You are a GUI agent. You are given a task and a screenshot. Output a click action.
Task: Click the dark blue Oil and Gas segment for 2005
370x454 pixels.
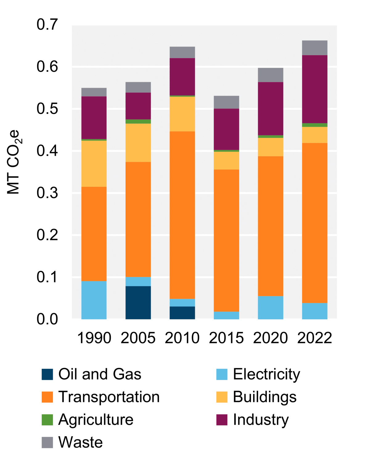(138, 302)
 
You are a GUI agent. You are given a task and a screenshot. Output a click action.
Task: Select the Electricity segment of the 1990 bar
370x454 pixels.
(94, 300)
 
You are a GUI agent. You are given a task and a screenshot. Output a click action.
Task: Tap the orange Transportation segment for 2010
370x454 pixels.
(182, 215)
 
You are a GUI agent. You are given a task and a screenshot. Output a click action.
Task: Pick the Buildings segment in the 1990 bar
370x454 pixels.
(94, 163)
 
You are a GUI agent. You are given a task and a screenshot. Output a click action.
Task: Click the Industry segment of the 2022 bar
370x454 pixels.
(314, 89)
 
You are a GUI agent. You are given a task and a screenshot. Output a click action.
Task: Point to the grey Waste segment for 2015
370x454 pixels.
(226, 102)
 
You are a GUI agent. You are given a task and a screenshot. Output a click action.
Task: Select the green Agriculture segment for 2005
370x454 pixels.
(138, 122)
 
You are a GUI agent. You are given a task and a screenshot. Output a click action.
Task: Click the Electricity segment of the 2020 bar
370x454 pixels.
(270, 307)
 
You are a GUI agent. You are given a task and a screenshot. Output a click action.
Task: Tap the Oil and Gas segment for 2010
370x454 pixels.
(182, 312)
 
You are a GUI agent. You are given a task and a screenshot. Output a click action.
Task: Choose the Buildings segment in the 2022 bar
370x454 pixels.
(314, 135)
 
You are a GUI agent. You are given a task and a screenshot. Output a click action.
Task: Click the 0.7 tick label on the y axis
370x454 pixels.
(47, 25)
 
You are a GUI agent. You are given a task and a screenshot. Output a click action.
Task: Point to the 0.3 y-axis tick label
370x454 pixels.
(47, 193)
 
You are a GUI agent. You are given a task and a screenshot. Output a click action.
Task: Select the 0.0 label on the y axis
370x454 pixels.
(47, 319)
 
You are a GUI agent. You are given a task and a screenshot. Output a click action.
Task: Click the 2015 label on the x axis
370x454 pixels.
(226, 338)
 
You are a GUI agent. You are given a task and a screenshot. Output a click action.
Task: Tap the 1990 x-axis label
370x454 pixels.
(94, 338)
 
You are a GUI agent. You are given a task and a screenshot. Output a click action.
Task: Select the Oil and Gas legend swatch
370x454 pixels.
(47, 374)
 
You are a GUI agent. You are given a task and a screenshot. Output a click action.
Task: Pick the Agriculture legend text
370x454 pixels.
(96, 419)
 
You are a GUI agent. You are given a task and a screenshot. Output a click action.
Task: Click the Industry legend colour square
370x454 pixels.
(222, 419)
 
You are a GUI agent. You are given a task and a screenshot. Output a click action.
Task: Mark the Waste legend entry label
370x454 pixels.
(80, 442)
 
